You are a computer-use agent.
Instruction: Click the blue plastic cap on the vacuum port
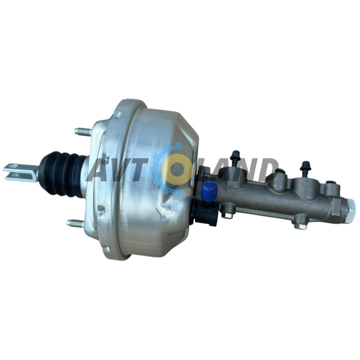click(209, 189)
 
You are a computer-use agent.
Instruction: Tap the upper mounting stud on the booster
click(82, 131)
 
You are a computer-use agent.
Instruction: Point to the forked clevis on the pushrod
click(21, 171)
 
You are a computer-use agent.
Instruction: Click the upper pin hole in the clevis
click(15, 166)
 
